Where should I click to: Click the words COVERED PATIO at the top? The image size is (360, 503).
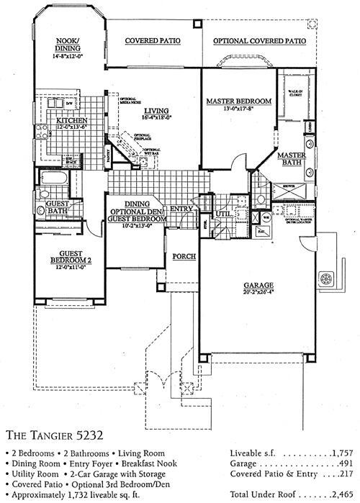pos(152,42)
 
